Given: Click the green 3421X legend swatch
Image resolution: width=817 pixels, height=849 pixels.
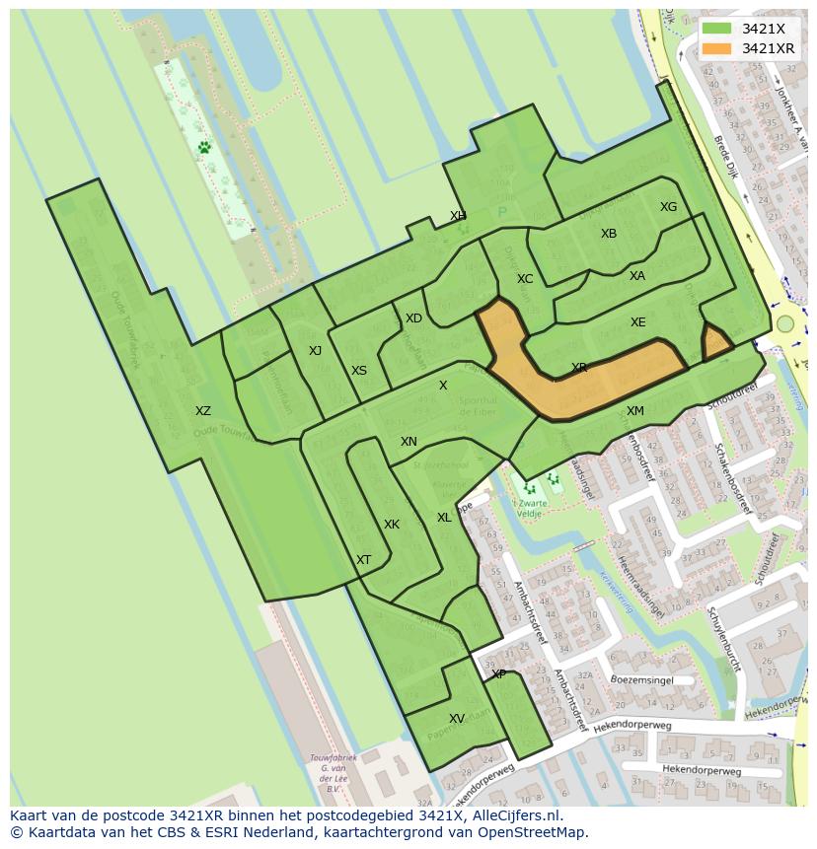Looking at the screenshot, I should click(x=717, y=29).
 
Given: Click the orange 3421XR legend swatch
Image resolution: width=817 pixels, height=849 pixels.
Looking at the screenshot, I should click(x=717, y=48).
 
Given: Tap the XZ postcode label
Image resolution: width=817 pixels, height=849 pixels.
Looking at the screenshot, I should click(x=202, y=411).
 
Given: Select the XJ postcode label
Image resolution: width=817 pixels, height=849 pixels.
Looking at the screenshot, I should click(x=315, y=351).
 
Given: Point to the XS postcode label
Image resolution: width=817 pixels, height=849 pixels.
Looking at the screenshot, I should click(x=359, y=371).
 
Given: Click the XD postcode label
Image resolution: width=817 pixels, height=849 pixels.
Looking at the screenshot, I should click(x=413, y=318).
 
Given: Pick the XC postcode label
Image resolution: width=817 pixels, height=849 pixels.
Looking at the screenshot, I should click(x=525, y=279).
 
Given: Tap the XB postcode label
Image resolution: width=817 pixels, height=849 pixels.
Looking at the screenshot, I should click(x=609, y=234).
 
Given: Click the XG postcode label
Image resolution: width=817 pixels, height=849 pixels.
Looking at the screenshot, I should click(x=669, y=207).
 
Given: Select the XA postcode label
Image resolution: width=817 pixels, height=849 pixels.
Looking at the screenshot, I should click(x=637, y=276).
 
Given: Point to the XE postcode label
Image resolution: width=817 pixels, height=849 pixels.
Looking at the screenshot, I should click(x=638, y=322).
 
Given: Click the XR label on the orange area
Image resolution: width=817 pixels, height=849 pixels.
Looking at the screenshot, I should click(x=579, y=368).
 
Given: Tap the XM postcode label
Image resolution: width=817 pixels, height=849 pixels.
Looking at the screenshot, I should click(x=635, y=411).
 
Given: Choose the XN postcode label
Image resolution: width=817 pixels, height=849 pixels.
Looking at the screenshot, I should click(x=408, y=442).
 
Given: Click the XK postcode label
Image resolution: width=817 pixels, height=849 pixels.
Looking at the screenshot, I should click(x=392, y=525).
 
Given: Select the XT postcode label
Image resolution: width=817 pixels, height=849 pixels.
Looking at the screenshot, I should click(x=364, y=560).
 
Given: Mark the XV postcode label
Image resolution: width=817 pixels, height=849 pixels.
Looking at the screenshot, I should click(x=457, y=719).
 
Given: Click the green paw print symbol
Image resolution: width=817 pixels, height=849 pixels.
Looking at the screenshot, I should click(x=204, y=147).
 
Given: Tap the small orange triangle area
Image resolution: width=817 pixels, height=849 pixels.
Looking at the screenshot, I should click(x=715, y=343).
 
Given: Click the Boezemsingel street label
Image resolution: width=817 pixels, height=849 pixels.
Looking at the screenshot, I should click(x=641, y=679).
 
